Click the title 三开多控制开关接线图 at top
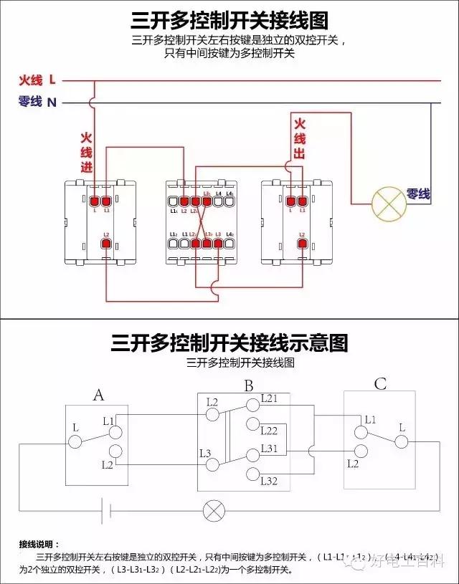point(229,19)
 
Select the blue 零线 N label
point(37,102)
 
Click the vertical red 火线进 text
point(86,152)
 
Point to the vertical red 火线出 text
point(300,139)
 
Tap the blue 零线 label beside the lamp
point(418,193)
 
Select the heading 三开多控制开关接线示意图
point(229,343)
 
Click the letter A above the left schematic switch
point(99,396)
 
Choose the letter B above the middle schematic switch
point(248,386)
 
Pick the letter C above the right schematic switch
point(380,385)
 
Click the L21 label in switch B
point(269,398)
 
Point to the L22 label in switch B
point(269,431)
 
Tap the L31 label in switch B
point(269,448)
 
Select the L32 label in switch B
point(269,480)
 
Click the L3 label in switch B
point(205,453)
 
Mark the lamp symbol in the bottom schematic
point(213,511)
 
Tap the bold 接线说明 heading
point(43,545)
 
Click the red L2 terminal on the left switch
point(106,244)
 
